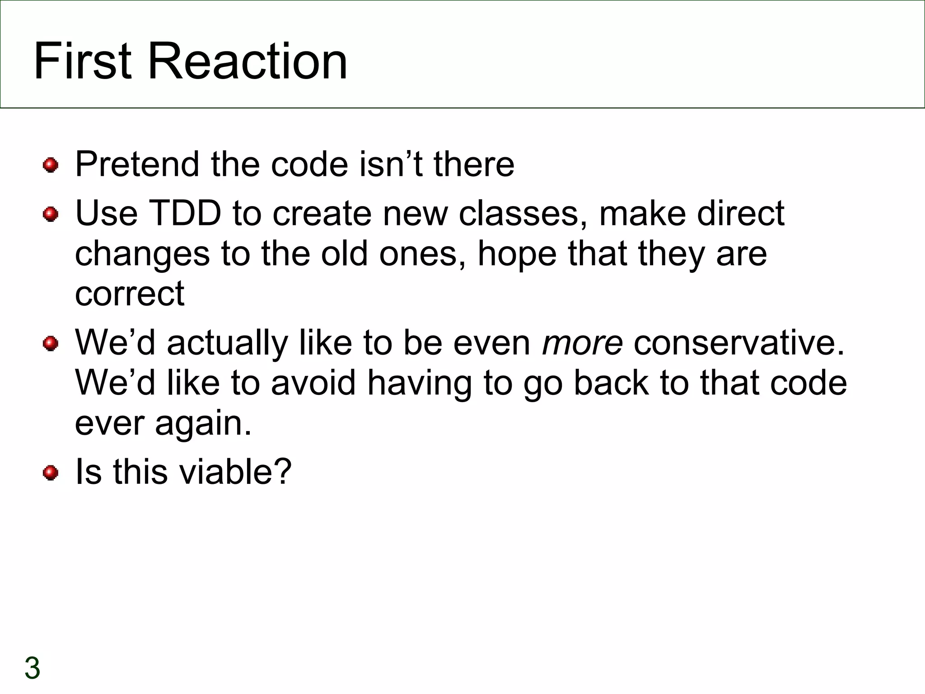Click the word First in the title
[83, 61]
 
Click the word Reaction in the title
[248, 61]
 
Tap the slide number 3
[33, 668]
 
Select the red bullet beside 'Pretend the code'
[51, 165]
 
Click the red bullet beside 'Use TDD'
[51, 214]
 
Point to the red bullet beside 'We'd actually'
[51, 343]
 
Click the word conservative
[739, 343]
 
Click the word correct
[130, 294]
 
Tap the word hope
[517, 253]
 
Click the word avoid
[313, 383]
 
